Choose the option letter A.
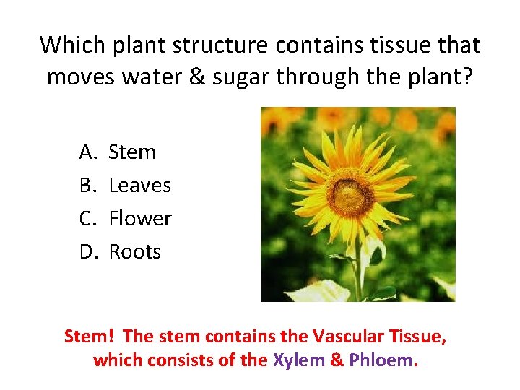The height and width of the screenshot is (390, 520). (x=87, y=152)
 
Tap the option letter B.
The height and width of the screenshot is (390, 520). (x=87, y=186)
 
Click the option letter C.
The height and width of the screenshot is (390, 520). (x=87, y=218)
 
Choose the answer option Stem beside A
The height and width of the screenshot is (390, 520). (x=132, y=152)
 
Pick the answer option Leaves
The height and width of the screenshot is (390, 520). (x=139, y=186)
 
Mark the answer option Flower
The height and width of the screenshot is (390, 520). (x=140, y=218)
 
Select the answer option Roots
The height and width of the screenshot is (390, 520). (x=135, y=251)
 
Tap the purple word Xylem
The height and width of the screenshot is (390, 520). (x=298, y=360)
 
